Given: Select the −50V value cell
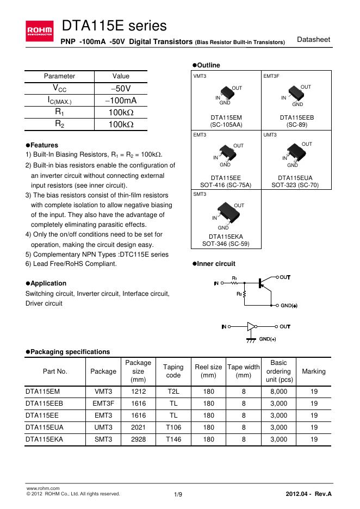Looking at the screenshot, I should pyautogui.click(x=121, y=89).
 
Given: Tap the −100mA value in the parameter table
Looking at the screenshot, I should pyautogui.click(x=121, y=101).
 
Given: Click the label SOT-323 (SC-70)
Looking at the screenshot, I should pyautogui.click(x=295, y=185).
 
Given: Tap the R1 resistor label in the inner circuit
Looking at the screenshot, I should pyautogui.click(x=234, y=278).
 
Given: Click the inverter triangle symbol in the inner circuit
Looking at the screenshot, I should pyautogui.click(x=251, y=327).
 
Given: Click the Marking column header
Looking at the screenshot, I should pyautogui.click(x=313, y=371).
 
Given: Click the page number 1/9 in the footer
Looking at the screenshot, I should pyautogui.click(x=178, y=494).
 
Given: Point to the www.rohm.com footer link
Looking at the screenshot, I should pyautogui.click(x=39, y=489).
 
